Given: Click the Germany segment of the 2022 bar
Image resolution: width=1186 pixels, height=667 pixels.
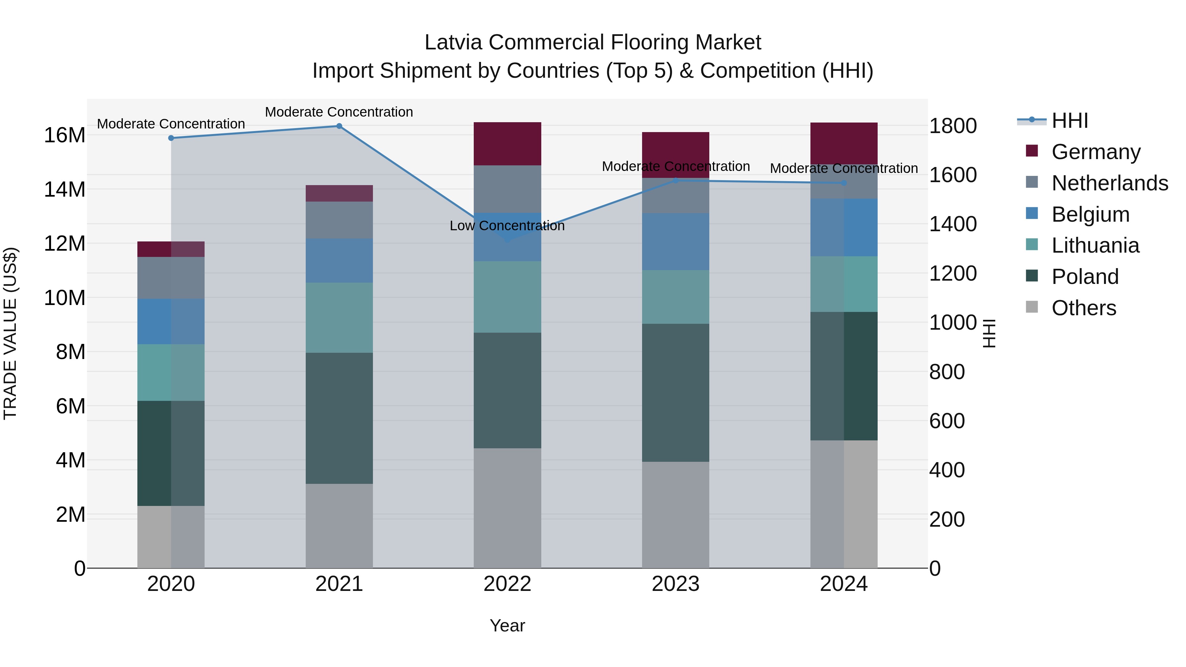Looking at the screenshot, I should coord(507,144).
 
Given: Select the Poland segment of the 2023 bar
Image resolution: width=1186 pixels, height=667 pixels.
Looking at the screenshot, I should coord(675,393).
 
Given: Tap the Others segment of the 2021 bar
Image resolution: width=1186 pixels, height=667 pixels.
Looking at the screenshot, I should coord(339,526).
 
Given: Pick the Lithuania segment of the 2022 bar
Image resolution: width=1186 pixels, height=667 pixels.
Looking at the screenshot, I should coord(507,297).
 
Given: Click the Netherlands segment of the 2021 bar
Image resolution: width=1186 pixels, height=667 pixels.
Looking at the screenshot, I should coord(339,220).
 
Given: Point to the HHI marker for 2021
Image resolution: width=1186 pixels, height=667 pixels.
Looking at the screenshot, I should coord(339,126).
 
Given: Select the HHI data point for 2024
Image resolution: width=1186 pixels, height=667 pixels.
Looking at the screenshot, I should coord(844,183).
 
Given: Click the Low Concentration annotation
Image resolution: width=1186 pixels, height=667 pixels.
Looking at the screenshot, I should coord(507,226).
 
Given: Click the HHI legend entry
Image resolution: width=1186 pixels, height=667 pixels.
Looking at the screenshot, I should coord(1069,121).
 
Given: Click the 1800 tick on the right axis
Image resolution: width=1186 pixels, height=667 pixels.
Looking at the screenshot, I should coord(952,126).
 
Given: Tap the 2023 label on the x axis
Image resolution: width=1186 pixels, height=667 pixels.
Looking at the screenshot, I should coord(675,584).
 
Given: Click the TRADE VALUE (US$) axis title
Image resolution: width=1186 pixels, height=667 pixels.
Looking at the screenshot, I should coord(10,333).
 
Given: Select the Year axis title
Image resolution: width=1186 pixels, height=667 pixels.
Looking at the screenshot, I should coord(507,625).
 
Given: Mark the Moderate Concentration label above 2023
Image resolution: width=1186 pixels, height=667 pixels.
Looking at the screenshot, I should coord(675,166).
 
